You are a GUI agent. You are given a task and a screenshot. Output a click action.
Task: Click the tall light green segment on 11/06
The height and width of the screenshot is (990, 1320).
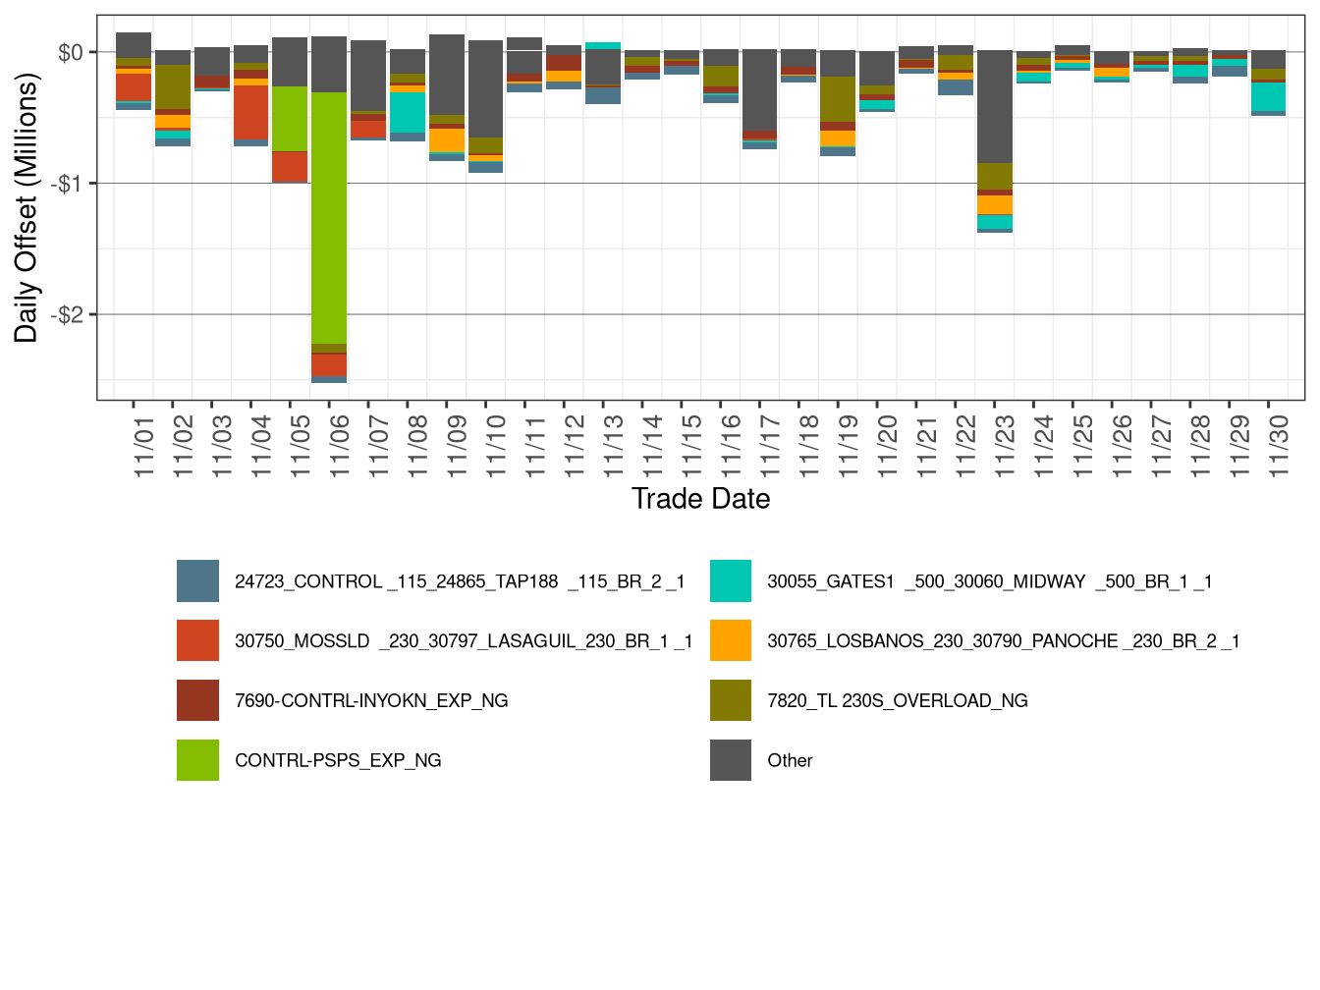pyautogui.click(x=329, y=216)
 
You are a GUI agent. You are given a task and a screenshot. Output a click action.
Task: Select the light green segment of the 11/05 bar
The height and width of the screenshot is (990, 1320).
pyautogui.click(x=290, y=119)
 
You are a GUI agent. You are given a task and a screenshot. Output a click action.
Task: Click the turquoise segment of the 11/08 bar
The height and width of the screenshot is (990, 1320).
pyautogui.click(x=408, y=112)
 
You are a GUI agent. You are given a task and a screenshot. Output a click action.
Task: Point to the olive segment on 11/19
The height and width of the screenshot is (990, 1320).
pyautogui.click(x=838, y=99)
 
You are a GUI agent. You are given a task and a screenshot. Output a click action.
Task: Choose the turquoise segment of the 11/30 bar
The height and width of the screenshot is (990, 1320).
pyautogui.click(x=1268, y=96)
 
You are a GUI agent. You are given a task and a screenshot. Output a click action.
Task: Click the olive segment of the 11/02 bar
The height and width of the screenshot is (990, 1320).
pyautogui.click(x=173, y=86)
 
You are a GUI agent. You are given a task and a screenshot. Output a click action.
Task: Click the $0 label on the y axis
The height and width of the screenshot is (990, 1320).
pyautogui.click(x=71, y=52)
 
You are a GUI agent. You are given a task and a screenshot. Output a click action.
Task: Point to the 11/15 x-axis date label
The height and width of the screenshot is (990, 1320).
pyautogui.click(x=691, y=446)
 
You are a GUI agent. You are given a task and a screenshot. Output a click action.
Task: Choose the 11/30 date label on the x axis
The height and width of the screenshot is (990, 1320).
pyautogui.click(x=1278, y=446)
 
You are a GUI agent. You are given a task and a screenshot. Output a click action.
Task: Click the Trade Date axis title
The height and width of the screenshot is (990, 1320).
pyautogui.click(x=700, y=499)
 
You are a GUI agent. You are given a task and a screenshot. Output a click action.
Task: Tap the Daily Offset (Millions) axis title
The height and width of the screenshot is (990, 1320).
pyautogui.click(x=27, y=208)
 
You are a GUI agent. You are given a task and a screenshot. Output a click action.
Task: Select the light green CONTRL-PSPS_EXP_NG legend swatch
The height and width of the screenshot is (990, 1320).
pyautogui.click(x=197, y=760)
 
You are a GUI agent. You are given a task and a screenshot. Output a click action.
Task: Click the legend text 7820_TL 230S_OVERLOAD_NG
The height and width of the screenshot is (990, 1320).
pyautogui.click(x=898, y=701)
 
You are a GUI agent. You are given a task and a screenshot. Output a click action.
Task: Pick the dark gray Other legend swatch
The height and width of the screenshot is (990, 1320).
pyautogui.click(x=731, y=760)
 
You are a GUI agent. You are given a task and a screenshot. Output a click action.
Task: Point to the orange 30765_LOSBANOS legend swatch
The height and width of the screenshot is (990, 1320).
pyautogui.click(x=731, y=641)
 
